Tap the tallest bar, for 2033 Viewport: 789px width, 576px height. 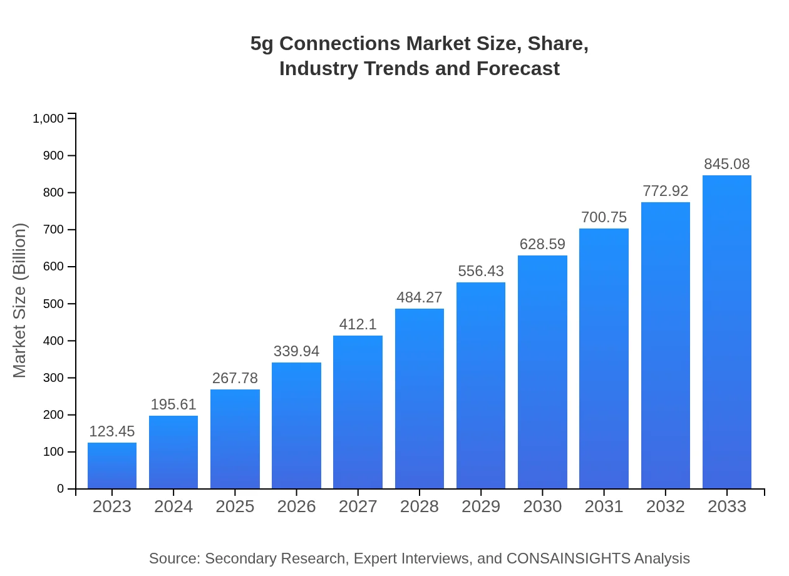[x=726, y=332]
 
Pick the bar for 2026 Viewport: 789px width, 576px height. [x=296, y=425]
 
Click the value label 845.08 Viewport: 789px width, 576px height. [x=726, y=164]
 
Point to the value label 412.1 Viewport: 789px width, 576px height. [x=358, y=324]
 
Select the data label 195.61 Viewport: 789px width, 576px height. [x=173, y=404]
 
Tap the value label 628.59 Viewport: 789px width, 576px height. [x=542, y=244]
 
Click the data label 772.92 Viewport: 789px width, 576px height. [x=665, y=191]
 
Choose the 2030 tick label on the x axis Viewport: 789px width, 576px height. [x=542, y=507]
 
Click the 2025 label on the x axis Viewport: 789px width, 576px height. [x=235, y=507]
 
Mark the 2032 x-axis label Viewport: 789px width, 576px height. [x=665, y=507]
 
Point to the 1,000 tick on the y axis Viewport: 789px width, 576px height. [x=48, y=118]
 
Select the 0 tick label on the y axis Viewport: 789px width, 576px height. [x=61, y=488]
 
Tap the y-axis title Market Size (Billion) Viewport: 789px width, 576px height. [x=20, y=301]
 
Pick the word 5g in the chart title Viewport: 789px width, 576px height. [x=262, y=44]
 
